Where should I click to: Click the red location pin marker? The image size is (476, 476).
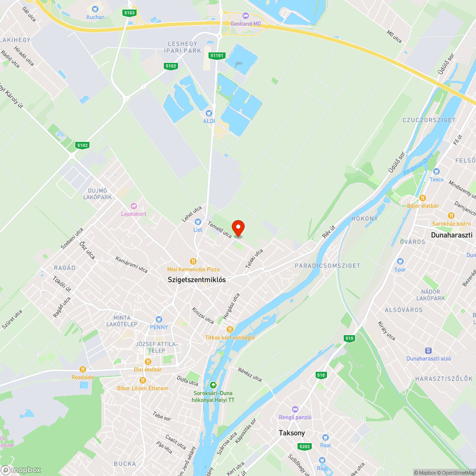click(238, 228)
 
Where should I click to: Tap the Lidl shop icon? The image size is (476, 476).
click(198, 222)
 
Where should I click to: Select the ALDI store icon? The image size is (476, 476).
click(208, 113)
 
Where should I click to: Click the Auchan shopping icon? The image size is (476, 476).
click(95, 9)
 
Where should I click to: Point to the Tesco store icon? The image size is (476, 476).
click(436, 171)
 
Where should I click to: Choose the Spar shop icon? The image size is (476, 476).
click(400, 261)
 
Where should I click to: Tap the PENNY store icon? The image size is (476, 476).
click(159, 319)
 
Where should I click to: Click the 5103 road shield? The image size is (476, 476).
click(129, 13)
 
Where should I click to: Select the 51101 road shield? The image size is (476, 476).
click(217, 56)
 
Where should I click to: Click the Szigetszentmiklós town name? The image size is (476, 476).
click(197, 280)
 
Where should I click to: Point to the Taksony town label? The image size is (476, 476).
click(292, 433)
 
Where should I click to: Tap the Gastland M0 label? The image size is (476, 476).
click(246, 23)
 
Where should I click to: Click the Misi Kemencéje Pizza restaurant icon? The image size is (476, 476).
click(193, 261)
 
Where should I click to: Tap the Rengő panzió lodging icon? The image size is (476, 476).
click(295, 409)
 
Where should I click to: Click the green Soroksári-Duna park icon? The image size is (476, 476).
click(213, 385)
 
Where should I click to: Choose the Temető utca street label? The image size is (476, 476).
click(220, 229)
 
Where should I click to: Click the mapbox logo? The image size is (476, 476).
click(21, 470)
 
